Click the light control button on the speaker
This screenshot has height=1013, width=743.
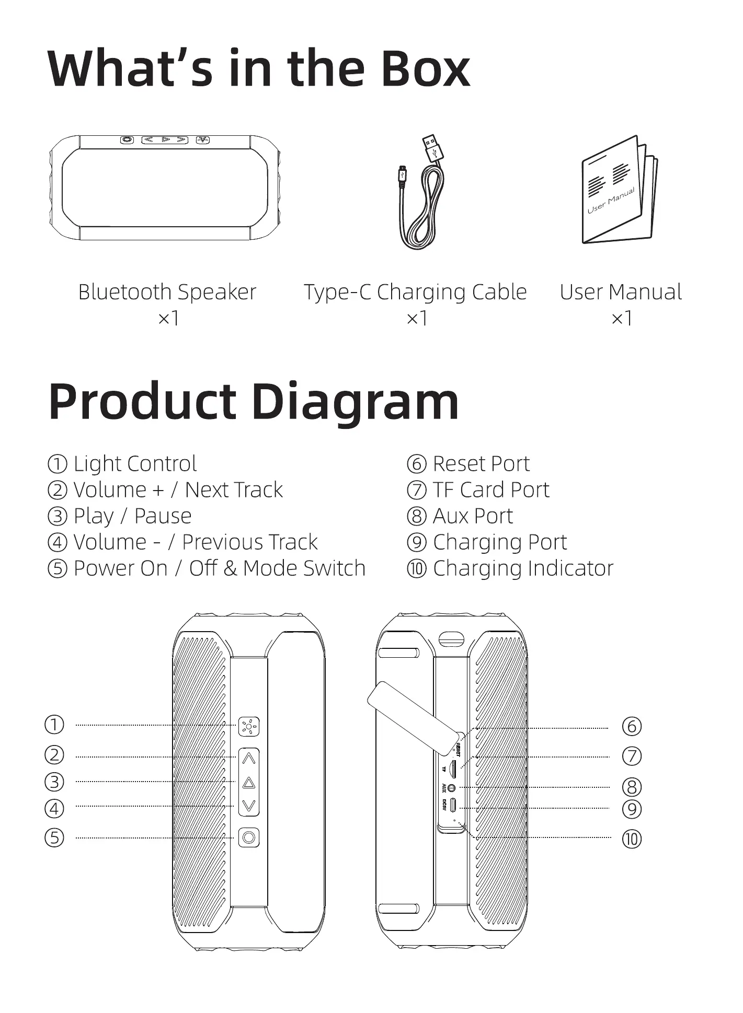click(249, 726)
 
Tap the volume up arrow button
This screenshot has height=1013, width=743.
click(249, 758)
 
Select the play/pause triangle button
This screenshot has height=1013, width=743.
click(249, 783)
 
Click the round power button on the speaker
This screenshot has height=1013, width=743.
click(249, 837)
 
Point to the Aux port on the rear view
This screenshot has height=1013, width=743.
click(452, 788)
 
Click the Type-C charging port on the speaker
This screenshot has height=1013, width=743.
click(452, 805)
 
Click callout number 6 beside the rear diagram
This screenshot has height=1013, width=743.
click(632, 726)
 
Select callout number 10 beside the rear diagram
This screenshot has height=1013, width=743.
click(632, 839)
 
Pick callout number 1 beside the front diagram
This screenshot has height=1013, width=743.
click(54, 725)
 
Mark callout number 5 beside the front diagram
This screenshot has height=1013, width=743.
click(54, 837)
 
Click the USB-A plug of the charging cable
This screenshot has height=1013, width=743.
click(433, 147)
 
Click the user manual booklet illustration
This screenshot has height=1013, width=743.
click(619, 190)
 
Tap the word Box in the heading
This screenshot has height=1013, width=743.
click(424, 69)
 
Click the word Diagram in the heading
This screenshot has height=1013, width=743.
click(355, 402)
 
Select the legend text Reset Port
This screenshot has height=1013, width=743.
click(481, 464)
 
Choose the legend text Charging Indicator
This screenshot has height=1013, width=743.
click(523, 568)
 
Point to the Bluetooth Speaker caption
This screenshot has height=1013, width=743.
click(167, 292)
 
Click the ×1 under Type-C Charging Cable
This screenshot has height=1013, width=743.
click(417, 318)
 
